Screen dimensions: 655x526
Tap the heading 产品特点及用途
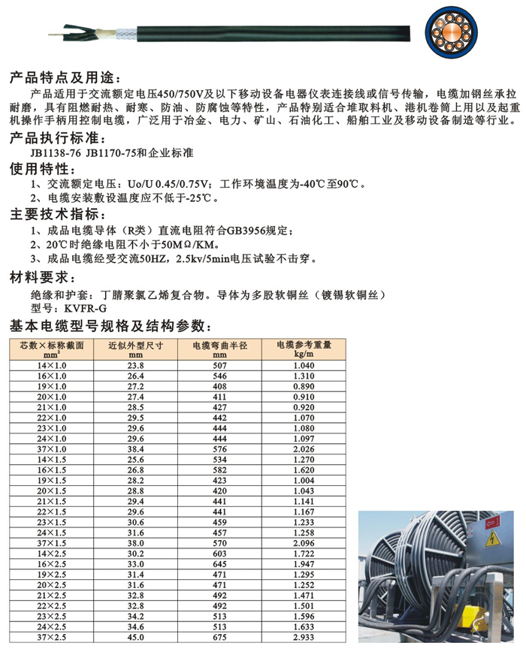(x=63, y=78)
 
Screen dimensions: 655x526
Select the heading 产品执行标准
(x=57, y=137)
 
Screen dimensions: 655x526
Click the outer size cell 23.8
(x=135, y=364)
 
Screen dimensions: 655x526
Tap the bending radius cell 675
(x=219, y=638)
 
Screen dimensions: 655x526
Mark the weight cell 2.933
(x=304, y=638)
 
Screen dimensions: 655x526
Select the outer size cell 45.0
(x=135, y=638)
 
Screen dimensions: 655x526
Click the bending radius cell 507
(x=219, y=364)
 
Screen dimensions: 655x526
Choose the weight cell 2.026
(x=304, y=448)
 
